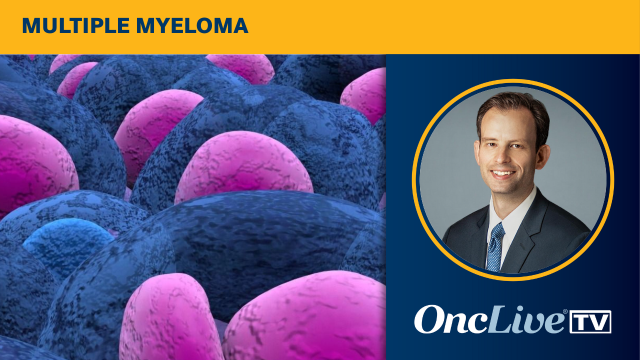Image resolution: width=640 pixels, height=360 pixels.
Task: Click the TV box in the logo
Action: pos(590,321)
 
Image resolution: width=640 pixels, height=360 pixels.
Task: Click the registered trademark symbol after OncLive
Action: pos(565,312)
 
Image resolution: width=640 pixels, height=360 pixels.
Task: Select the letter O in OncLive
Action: pos(429,320)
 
